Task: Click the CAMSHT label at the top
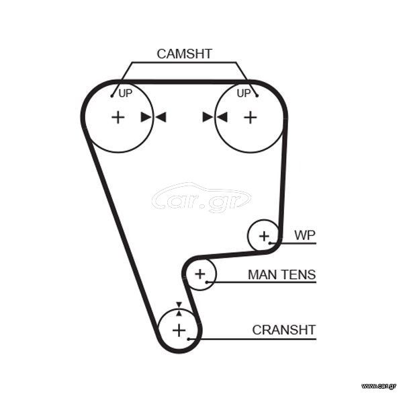(184, 54)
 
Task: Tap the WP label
(305, 235)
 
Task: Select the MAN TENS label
(281, 274)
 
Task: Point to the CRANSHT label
(283, 330)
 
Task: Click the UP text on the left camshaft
(126, 93)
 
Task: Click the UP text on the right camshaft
(244, 93)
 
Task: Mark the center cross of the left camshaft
(118, 118)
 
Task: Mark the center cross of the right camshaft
(251, 118)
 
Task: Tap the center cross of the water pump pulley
(264, 236)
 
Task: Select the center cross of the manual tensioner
(200, 274)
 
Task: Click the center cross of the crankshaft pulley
(179, 330)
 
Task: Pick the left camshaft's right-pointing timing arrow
(146, 117)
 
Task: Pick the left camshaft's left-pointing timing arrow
(161, 117)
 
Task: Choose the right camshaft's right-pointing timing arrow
(208, 117)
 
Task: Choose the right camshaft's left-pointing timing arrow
(222, 117)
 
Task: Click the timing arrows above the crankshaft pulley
(179, 309)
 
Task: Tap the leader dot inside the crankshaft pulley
(189, 339)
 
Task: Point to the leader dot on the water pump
(270, 243)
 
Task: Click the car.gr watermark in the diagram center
(201, 198)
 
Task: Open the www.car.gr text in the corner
(378, 386)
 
